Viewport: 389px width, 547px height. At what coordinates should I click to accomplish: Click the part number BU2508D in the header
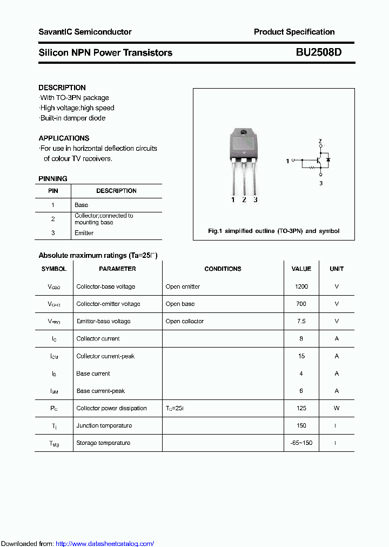coord(318,52)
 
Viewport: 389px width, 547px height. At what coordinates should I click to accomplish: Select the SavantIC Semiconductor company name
coord(85,32)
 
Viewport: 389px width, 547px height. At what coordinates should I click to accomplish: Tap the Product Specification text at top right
coord(294,32)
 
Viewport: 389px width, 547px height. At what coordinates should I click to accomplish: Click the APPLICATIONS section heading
coord(64,138)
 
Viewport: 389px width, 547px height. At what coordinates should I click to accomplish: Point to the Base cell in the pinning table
coord(81,205)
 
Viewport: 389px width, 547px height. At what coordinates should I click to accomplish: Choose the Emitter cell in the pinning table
coord(84,233)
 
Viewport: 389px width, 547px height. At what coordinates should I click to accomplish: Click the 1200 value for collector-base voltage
coord(301,286)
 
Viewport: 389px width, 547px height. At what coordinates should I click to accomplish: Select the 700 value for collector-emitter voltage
coord(301,304)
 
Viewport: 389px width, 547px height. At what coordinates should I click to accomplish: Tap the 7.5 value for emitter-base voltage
coord(301,321)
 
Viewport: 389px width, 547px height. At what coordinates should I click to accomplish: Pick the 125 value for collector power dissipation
coord(301,408)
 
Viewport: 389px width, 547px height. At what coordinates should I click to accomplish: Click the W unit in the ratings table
coord(336,408)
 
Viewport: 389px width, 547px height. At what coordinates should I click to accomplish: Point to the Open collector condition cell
coord(185,321)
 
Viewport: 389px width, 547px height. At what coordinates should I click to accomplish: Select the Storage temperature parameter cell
coord(103,443)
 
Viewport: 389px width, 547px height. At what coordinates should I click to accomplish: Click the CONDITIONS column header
coord(223,269)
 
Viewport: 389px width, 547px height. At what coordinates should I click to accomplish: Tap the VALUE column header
coord(301,269)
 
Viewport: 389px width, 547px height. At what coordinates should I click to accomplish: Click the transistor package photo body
coord(244,146)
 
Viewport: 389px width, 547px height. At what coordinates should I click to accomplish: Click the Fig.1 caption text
coord(273,231)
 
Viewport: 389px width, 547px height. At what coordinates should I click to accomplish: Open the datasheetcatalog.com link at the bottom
coord(105,544)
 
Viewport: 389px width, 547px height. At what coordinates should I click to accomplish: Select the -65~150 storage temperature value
coord(301,443)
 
